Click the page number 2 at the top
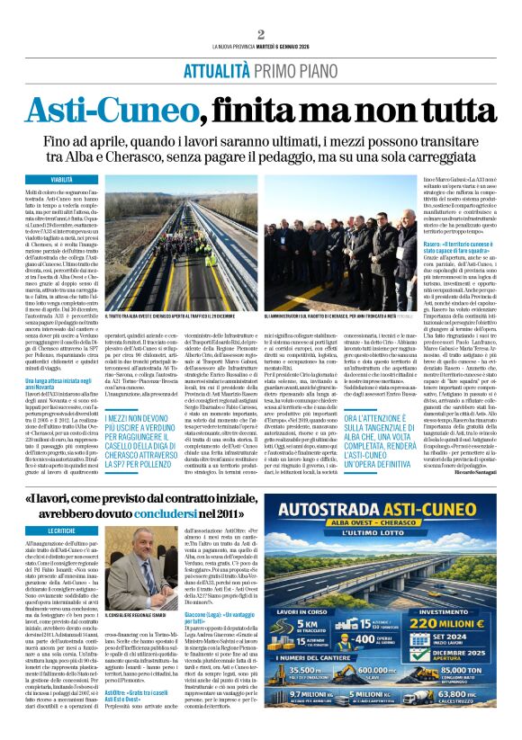[x=260, y=34]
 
